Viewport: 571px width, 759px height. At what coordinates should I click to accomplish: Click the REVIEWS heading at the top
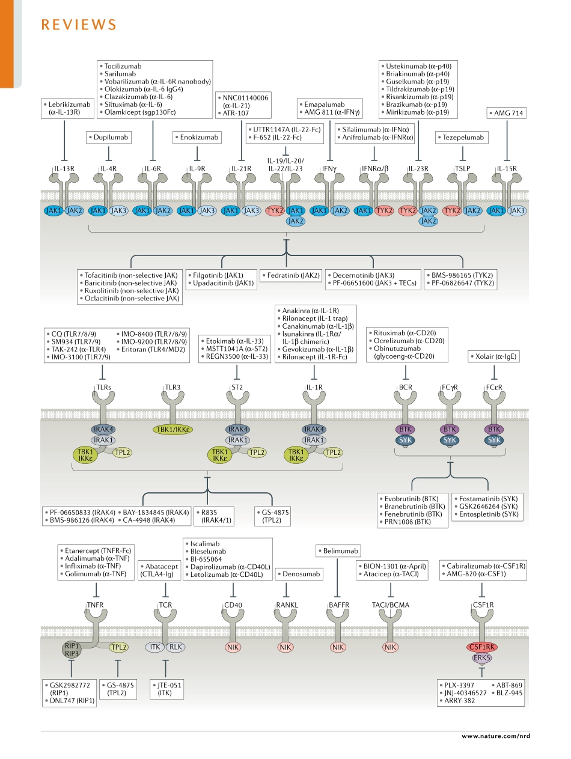point(78,25)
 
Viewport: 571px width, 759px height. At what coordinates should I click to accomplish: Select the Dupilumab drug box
point(108,138)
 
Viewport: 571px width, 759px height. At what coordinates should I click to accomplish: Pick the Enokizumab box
point(197,138)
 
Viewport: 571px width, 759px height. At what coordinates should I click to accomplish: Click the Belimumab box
point(337,550)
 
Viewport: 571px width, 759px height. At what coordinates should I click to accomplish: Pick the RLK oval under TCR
point(175,647)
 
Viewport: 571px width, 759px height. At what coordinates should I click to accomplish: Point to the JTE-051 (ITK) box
point(165,689)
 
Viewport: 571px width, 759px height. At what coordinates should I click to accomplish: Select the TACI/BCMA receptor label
point(391,605)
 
